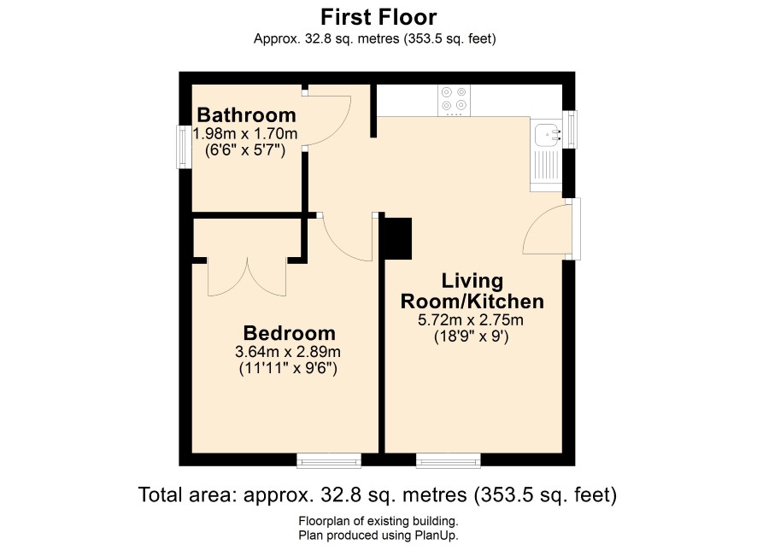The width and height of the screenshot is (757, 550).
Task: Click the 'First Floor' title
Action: [x=378, y=17]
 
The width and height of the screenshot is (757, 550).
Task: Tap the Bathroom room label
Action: [x=246, y=114]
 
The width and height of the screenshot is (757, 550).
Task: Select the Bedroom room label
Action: [x=289, y=333]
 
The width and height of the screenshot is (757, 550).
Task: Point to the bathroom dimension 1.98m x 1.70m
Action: [x=244, y=132]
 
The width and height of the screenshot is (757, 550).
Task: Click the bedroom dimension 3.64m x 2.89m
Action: [x=288, y=351]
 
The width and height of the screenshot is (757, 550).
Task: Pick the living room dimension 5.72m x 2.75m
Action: [x=471, y=319]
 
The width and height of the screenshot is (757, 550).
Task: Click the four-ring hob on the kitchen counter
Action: [x=454, y=101]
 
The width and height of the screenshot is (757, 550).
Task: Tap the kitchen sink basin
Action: [x=547, y=133]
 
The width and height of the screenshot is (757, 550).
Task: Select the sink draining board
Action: [x=546, y=166]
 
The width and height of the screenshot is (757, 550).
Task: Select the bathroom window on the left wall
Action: [x=183, y=147]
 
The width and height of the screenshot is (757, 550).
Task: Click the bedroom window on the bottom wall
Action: [x=329, y=460]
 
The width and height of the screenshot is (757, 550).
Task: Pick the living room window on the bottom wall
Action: [x=449, y=460]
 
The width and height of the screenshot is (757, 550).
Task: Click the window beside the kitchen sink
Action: [x=571, y=129]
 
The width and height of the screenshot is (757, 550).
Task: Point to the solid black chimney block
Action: [x=398, y=238]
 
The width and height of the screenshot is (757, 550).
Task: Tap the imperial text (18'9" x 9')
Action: [x=471, y=336]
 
